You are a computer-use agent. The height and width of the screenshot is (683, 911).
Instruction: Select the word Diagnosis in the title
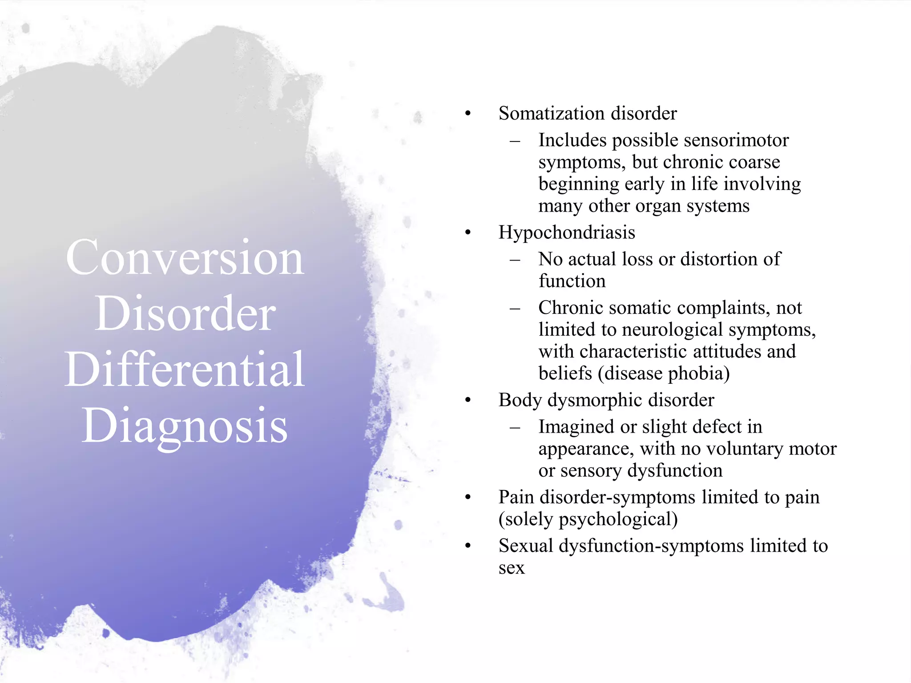[185, 426]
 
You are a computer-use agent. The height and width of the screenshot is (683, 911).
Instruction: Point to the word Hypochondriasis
[567, 233]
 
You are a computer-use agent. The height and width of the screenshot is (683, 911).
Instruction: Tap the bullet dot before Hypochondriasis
[468, 233]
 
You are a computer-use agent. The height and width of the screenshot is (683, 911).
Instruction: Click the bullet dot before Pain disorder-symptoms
[468, 497]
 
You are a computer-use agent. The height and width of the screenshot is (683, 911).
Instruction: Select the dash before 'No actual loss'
[515, 259]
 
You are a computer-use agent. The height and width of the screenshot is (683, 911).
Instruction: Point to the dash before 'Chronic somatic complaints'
[515, 308]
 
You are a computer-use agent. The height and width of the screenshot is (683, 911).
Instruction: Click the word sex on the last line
[512, 568]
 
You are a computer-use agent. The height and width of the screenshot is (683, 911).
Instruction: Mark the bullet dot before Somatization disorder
[468, 114]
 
